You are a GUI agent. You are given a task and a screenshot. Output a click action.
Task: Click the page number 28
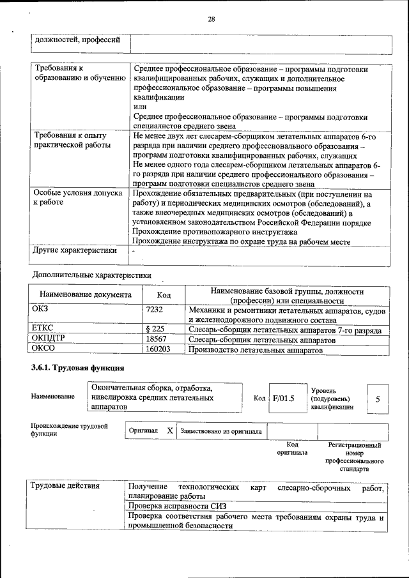pos(211,19)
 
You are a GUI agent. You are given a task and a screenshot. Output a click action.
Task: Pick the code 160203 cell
pos(158,350)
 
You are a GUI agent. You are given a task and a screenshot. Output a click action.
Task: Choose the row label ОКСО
pos(43,350)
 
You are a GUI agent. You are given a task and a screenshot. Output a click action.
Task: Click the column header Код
pos(164,295)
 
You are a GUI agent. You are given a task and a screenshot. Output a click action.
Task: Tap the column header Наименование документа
pos(86,295)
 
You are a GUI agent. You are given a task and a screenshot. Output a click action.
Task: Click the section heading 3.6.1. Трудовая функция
pos(77,369)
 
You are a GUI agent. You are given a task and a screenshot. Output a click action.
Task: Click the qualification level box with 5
pos(378,399)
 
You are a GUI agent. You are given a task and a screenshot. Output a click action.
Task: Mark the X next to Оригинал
pos(170,431)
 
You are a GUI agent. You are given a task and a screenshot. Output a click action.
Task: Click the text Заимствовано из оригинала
pos(221,431)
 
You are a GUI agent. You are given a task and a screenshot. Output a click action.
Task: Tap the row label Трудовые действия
pos(65,487)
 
